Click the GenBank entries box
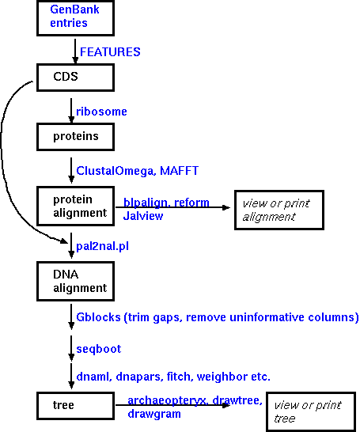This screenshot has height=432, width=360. coord(75,18)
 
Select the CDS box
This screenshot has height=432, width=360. coord(75,78)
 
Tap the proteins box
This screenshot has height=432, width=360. coord(75,137)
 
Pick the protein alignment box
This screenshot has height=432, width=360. coord(75,206)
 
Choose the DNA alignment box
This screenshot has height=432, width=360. coord(75,282)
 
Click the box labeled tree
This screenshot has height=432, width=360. coord(75,406)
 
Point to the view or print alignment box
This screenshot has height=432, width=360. coord(279,210)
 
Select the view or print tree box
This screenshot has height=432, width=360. coord(311,412)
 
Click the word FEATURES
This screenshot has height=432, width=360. coord(110,52)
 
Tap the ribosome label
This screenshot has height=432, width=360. coord(101,112)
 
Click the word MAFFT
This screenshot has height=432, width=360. coord(179,171)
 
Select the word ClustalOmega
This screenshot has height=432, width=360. coord(115,171)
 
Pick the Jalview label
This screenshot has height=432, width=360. coord(143,216)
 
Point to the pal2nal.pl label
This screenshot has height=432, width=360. coord(102,246)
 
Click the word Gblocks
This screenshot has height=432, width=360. coord(98,317)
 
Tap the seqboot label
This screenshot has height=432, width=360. coord(99,349)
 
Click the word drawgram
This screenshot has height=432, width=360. coord(154,414)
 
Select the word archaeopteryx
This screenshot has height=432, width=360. coord(167,400)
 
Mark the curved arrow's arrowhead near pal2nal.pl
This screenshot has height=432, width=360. coord(64,241)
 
